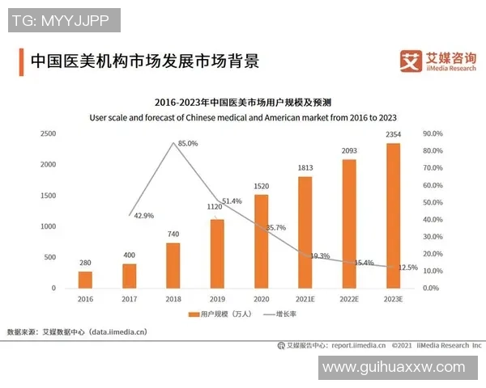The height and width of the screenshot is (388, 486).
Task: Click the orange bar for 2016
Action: click(85, 280)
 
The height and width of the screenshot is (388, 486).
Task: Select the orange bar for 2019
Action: click(217, 254)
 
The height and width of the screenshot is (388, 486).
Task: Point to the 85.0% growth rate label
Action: click(187, 143)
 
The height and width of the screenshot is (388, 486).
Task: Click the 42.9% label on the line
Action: click(144, 216)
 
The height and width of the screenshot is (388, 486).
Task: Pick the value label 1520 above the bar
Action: click(261, 186)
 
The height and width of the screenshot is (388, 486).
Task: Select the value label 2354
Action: click(393, 134)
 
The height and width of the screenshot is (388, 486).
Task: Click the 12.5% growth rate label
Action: click(407, 268)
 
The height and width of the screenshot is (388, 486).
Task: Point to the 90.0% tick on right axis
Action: click(433, 133)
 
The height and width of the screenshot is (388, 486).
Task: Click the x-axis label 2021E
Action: click(305, 298)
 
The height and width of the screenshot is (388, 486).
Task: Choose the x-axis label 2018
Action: click(173, 298)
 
